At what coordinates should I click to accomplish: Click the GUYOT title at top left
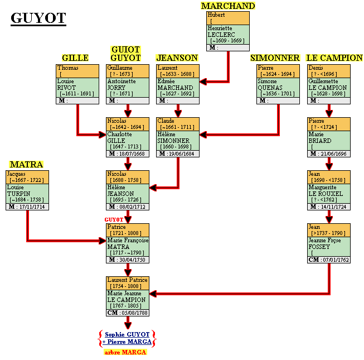(38, 18)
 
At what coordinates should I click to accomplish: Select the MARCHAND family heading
(227, 6)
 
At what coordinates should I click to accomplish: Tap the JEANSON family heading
(177, 58)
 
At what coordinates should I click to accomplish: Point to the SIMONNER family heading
(275, 58)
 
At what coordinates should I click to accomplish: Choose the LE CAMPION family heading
(334, 58)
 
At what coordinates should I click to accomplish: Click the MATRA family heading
(26, 164)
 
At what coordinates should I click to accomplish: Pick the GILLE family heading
(75, 58)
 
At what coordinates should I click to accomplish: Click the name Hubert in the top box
(216, 15)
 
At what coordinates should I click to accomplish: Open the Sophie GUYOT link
(127, 334)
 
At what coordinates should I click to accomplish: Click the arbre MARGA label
(125, 352)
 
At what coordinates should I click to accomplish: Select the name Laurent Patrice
(127, 280)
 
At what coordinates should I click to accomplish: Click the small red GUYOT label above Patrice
(114, 220)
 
